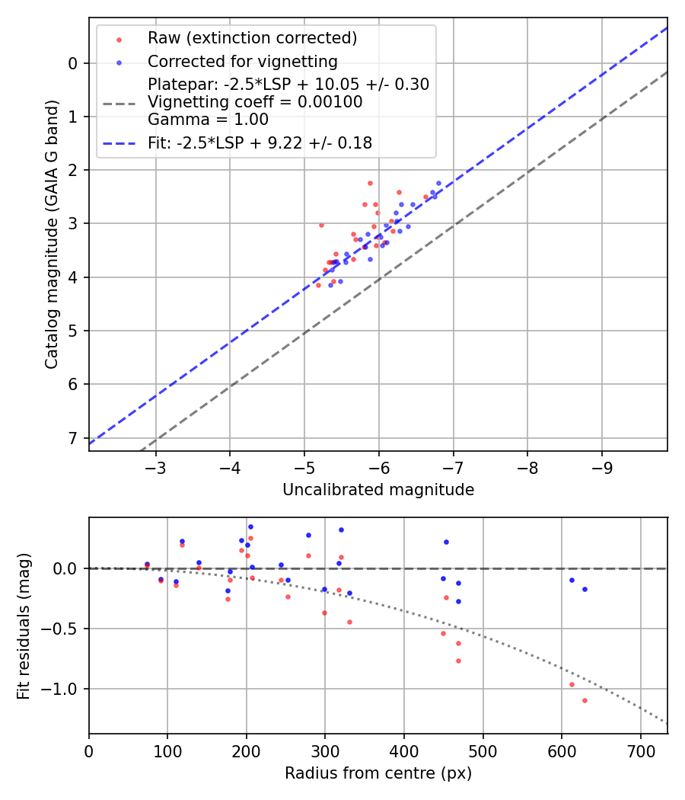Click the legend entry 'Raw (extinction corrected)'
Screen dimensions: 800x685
click(x=252, y=38)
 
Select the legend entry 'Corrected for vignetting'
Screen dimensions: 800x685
click(x=242, y=62)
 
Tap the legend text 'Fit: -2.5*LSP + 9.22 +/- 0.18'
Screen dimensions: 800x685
click(x=260, y=142)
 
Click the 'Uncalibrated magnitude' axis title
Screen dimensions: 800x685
click(x=378, y=490)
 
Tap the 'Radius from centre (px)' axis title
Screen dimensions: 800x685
click(x=378, y=773)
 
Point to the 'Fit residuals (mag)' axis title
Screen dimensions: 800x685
click(x=24, y=626)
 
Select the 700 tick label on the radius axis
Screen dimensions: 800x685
click(x=640, y=750)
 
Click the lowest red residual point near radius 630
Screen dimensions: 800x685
click(x=585, y=700)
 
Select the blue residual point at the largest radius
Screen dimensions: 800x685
click(x=585, y=589)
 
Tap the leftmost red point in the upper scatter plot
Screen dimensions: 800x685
click(x=318, y=285)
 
